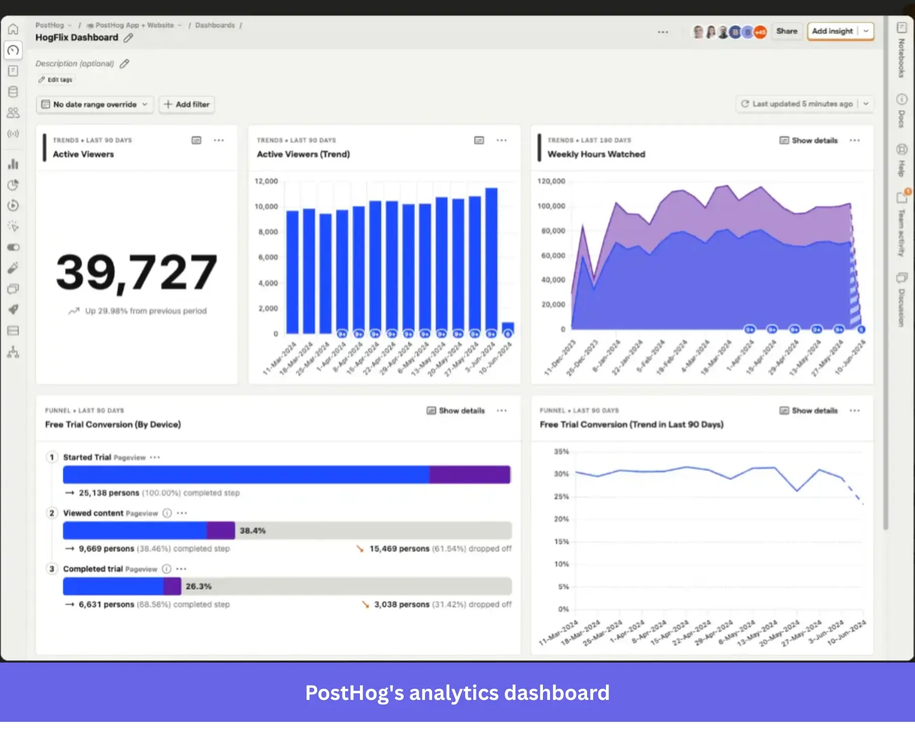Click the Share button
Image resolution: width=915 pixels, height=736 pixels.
(786, 31)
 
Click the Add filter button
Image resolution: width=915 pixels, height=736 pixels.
(187, 104)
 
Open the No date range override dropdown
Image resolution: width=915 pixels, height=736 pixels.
(95, 104)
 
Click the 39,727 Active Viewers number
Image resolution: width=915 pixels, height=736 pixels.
(136, 272)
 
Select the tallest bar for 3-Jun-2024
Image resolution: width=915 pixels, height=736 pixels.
(491, 259)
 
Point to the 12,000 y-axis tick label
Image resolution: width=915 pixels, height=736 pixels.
(266, 181)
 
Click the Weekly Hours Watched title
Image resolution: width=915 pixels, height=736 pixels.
(596, 154)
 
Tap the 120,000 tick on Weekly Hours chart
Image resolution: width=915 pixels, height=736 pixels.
(551, 181)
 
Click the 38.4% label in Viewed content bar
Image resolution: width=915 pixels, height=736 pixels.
(253, 531)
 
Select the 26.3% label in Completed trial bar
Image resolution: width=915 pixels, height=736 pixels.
(198, 587)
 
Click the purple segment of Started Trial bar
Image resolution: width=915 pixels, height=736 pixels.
(469, 475)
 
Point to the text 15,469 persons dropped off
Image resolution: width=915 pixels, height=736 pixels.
(440, 549)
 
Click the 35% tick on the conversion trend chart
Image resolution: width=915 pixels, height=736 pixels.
(561, 451)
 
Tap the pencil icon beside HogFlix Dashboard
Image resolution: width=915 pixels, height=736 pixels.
(129, 38)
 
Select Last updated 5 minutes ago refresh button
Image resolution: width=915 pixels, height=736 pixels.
(797, 104)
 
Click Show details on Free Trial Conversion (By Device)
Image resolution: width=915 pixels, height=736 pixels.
(456, 411)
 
